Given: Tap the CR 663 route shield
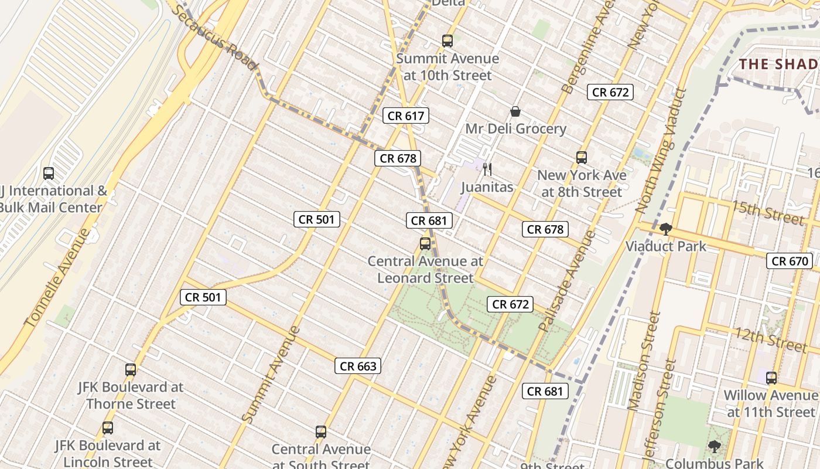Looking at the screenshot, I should pyautogui.click(x=358, y=366).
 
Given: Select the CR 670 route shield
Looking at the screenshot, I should pyautogui.click(x=790, y=261).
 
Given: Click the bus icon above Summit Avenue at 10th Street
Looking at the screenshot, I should pyautogui.click(x=447, y=41).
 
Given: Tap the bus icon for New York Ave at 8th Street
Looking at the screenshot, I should pyautogui.click(x=582, y=157).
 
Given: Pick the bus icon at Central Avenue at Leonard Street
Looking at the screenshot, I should pyautogui.click(x=425, y=244).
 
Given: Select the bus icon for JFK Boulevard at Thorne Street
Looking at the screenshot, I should pyautogui.click(x=131, y=370).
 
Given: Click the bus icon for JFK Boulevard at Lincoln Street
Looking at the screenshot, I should pyautogui.click(x=108, y=428).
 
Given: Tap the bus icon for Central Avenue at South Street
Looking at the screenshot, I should pyautogui.click(x=321, y=432).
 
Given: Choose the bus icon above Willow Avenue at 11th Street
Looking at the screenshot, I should pyautogui.click(x=771, y=378).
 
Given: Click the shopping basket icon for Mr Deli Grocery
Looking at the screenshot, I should pyautogui.click(x=515, y=111).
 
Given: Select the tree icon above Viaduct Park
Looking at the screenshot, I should pyautogui.click(x=665, y=229).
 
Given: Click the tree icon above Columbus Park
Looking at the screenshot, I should pyautogui.click(x=714, y=447).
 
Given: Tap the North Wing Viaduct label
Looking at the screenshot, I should pyautogui.click(x=660, y=151).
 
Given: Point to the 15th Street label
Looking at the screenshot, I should pyautogui.click(x=767, y=212).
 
